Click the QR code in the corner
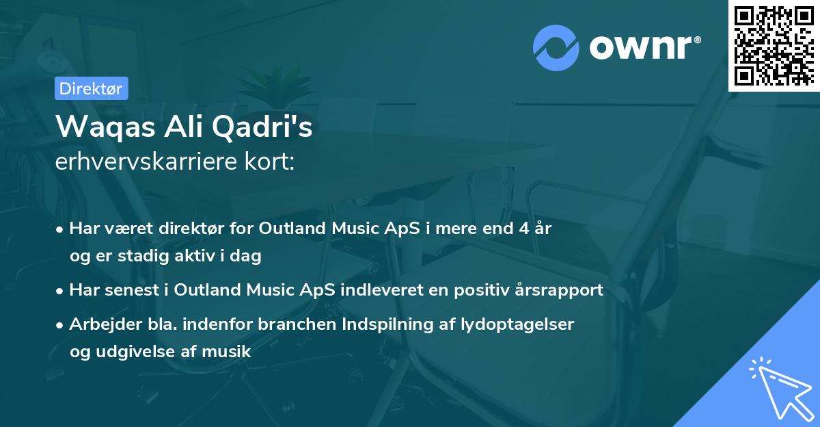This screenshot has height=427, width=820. pyautogui.click(x=774, y=45)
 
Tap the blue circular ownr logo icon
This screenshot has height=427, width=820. pyautogui.click(x=556, y=47)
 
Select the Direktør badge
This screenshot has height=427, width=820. pyautogui.click(x=90, y=88)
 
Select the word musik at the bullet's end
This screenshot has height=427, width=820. pyautogui.click(x=229, y=352)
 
